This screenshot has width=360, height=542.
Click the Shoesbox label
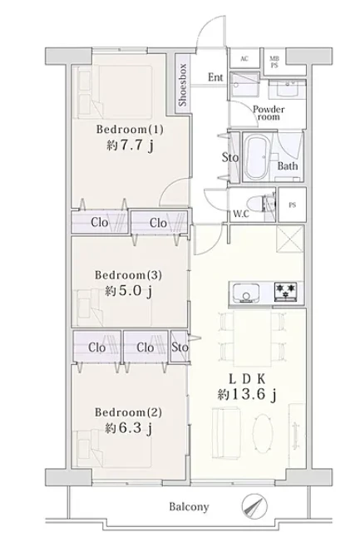183,85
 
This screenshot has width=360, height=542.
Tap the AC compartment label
244,58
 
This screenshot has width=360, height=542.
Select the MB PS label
274,62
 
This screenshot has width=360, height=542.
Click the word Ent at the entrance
215,77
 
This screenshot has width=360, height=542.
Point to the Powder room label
269,113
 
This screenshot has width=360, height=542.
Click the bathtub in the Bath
257,158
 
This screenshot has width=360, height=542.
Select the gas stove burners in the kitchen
286,292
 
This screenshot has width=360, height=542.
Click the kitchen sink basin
246,293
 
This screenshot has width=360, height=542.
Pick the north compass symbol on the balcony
254,506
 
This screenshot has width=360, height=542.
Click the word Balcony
189,507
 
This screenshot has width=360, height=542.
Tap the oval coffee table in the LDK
263,431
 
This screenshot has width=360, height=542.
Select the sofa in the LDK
225,432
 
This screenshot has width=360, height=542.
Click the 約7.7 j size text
130,145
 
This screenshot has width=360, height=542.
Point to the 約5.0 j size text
128,291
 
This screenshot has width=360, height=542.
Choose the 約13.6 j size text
247,394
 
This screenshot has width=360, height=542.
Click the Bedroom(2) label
128,412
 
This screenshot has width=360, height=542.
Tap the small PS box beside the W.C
292,205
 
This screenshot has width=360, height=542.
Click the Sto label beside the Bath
230,158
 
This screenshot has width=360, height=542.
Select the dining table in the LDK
253,338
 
